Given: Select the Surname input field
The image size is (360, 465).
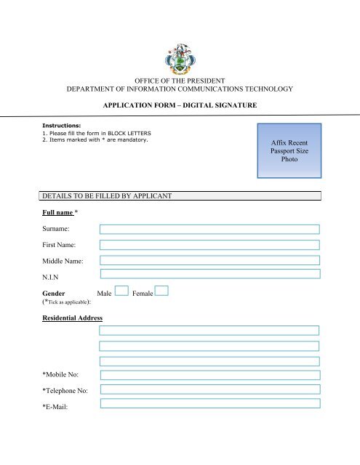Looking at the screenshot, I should tap(209, 229).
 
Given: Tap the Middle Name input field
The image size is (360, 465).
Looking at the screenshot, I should tap(209, 259).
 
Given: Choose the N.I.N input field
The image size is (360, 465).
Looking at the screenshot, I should tap(209, 274).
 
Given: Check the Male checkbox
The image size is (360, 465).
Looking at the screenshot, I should tap(121, 291).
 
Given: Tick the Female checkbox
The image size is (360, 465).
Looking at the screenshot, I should tap(161, 291).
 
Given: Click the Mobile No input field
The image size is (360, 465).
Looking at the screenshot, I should tap(209, 374).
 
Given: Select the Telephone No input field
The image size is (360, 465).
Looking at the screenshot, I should tap(209, 389).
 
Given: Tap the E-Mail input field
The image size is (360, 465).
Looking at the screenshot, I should tap(209, 404).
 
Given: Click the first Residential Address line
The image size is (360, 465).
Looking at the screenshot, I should tap(209, 330).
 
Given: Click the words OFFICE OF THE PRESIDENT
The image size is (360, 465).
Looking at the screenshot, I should tap(179, 80).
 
